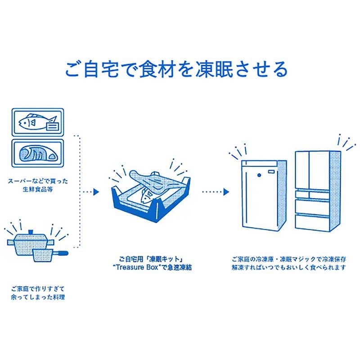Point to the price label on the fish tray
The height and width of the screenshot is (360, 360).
(x=52, y=126)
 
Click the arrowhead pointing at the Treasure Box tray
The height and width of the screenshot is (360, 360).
(x=95, y=192)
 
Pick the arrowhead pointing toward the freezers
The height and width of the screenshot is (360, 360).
(x=226, y=192)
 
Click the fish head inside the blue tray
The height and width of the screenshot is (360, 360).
(x=146, y=195)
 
